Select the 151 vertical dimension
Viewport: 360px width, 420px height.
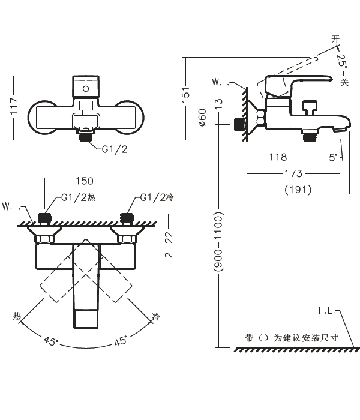point(187,93)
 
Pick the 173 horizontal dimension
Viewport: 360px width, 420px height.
point(293,173)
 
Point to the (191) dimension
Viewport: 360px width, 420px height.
point(297,189)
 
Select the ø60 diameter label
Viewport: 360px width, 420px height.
point(202,118)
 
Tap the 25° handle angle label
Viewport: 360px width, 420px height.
point(340,61)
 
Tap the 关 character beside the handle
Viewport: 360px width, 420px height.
point(344,80)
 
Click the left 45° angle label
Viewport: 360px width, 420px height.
point(50,342)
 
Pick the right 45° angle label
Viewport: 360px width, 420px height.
point(122,342)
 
